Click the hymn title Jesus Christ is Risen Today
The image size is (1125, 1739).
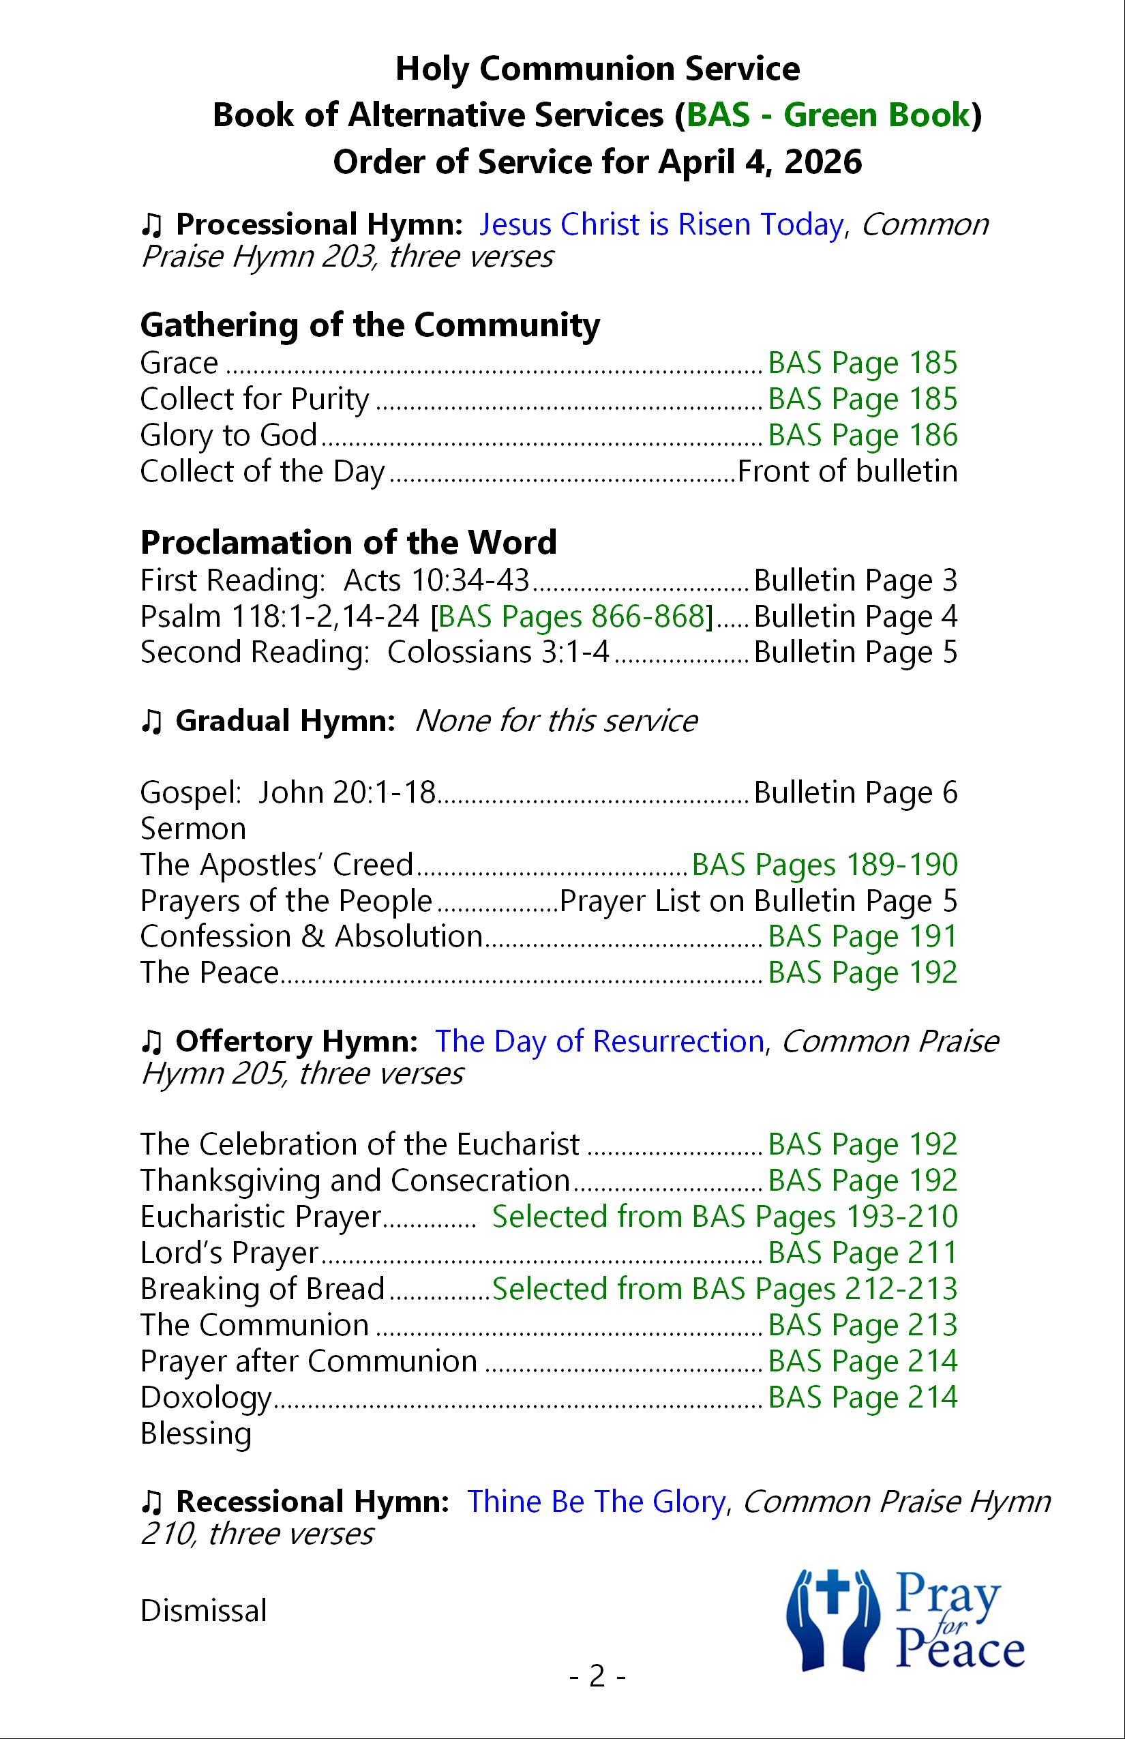[x=661, y=224]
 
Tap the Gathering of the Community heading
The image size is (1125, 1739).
[x=370, y=325]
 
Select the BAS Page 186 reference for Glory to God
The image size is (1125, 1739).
[x=862, y=435]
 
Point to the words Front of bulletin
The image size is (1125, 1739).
[x=847, y=471]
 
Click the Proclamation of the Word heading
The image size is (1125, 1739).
[x=348, y=542]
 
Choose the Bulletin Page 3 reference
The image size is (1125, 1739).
[x=855, y=580]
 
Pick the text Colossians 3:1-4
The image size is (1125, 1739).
[x=498, y=652]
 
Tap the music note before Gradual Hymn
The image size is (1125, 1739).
[x=151, y=722]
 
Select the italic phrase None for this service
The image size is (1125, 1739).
[x=556, y=722]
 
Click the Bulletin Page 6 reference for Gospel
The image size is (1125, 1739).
[x=855, y=792]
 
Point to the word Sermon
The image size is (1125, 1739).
[x=193, y=829]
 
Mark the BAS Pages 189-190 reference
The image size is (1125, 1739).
[x=824, y=865]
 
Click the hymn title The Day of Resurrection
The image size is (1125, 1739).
[x=599, y=1041]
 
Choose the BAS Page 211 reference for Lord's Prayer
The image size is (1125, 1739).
[x=862, y=1252]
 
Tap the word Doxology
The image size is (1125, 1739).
[x=205, y=1397]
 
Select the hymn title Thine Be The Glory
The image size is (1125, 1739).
[x=596, y=1502]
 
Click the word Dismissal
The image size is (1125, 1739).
[x=203, y=1610]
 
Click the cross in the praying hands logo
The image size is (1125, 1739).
[x=832, y=1594]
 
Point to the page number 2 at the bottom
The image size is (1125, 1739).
[x=597, y=1676]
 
